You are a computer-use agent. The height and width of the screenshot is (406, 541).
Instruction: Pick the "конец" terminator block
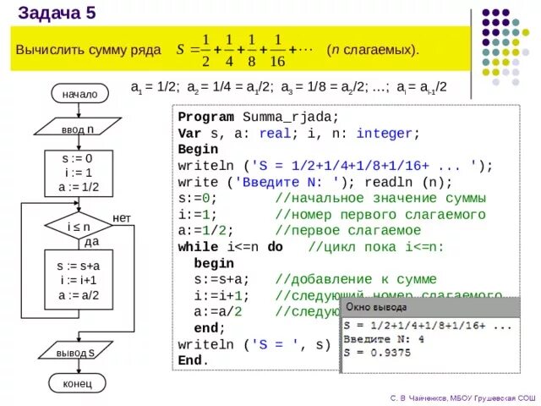point(78,383)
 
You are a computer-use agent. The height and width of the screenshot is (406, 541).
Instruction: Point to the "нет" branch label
point(122,218)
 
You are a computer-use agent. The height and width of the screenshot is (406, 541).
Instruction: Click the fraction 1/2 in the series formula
point(204,50)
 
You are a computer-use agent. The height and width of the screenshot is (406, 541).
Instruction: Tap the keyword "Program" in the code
point(206,118)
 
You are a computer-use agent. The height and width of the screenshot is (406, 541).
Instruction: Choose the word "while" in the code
point(198,247)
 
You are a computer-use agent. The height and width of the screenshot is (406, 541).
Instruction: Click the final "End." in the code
point(193,359)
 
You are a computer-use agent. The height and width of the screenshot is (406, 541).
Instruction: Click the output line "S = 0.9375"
point(377,352)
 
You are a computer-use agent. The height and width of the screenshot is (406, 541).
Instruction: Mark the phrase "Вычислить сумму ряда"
point(88,50)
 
